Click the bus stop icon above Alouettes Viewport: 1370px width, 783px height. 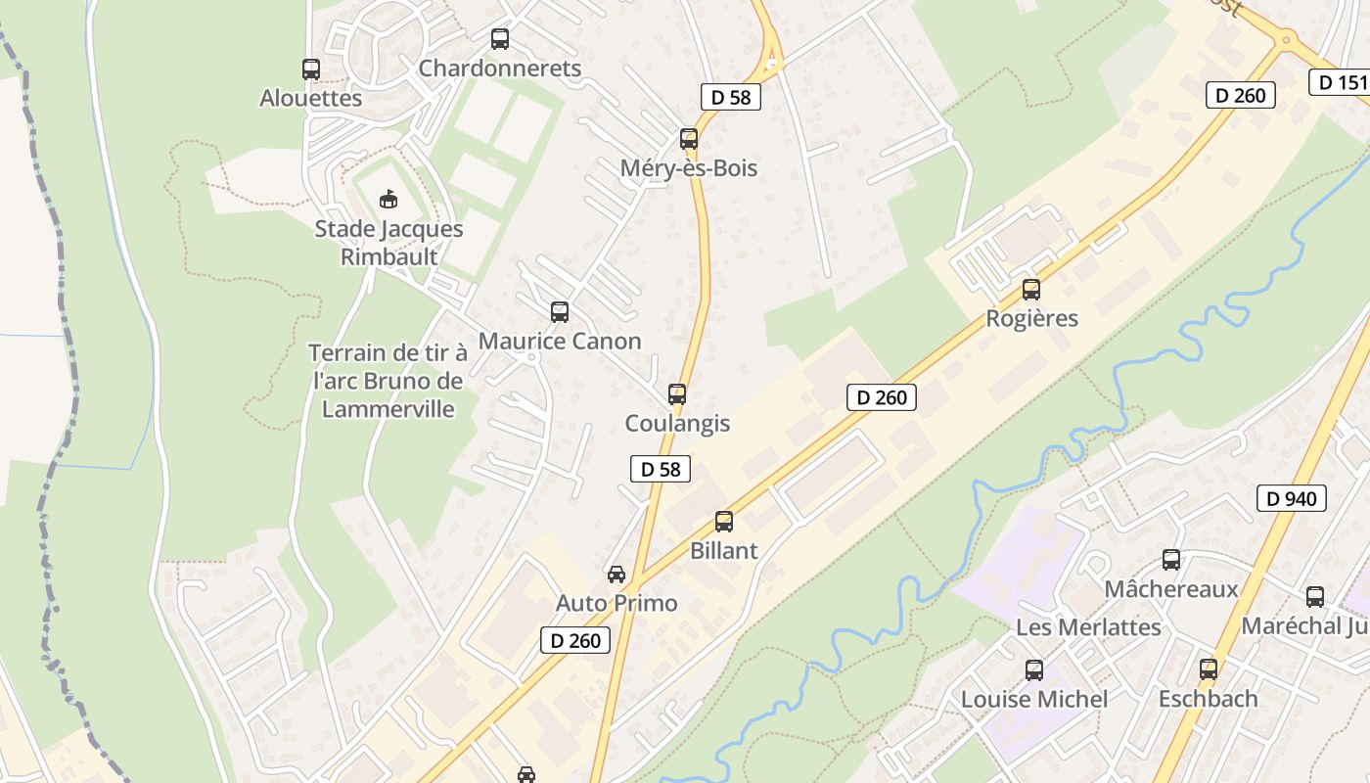click(x=311, y=69)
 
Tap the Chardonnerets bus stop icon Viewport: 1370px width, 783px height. click(x=500, y=39)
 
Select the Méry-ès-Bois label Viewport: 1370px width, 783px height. click(x=689, y=168)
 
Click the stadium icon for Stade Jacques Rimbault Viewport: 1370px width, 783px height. click(x=389, y=199)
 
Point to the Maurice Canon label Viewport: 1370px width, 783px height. click(x=560, y=342)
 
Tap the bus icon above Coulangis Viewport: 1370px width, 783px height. click(x=677, y=394)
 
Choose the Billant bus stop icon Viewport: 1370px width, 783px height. click(x=724, y=522)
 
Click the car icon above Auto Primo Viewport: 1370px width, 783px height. click(x=616, y=575)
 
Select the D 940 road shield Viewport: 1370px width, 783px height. click(x=1292, y=498)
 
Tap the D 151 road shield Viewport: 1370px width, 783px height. click(x=1342, y=82)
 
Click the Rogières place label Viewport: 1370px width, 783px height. click(x=1031, y=319)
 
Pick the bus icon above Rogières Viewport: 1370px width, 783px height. click(x=1031, y=290)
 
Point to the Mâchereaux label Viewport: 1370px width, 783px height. click(x=1171, y=589)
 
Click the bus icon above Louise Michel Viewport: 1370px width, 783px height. click(x=1034, y=670)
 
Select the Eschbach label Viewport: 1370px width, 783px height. click(x=1208, y=699)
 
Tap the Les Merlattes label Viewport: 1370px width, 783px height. click(x=1089, y=626)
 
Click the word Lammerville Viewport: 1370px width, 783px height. click(x=388, y=408)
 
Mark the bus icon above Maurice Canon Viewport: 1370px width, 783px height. click(x=560, y=312)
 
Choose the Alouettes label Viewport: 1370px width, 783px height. click(x=311, y=98)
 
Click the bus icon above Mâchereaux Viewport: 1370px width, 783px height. click(x=1171, y=560)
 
